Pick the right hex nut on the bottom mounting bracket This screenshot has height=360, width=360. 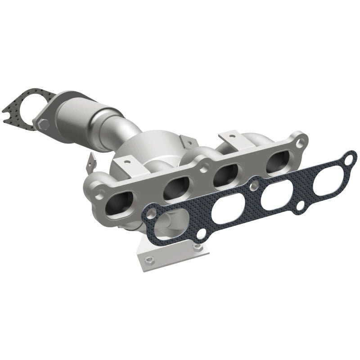[196, 246]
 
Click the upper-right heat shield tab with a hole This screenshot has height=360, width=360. [228, 135]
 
